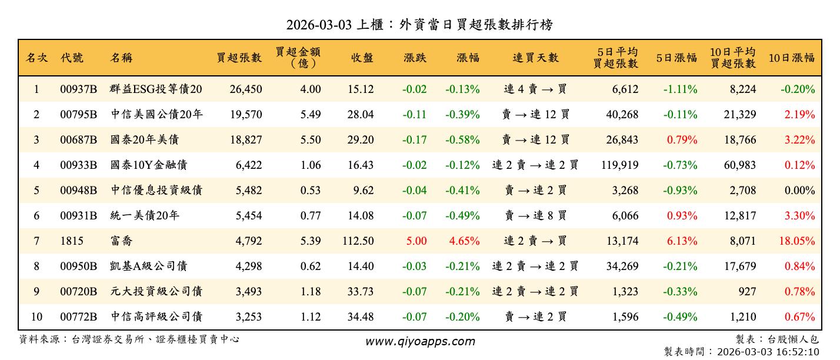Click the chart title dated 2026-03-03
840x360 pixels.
pyautogui.click(x=419, y=25)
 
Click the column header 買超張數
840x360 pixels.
pyautogui.click(x=239, y=58)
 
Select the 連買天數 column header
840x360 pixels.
pyautogui.click(x=535, y=58)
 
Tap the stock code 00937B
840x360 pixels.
pyautogui.click(x=78, y=89)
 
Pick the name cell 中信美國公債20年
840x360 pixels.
pyautogui.click(x=156, y=115)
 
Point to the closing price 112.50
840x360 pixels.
pyautogui.click(x=358, y=241)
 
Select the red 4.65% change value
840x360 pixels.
pyautogui.click(x=464, y=241)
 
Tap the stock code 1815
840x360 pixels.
pyautogui.click(x=72, y=241)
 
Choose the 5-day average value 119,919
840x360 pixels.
pyautogui.click(x=620, y=165)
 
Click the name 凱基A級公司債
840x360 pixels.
pyautogui.click(x=149, y=266)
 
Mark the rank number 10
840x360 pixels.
pyautogui.click(x=36, y=317)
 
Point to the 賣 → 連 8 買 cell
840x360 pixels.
pyautogui.click(x=535, y=216)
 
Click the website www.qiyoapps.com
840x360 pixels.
pyautogui.click(x=419, y=341)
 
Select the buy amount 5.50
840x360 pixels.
pyautogui.click(x=311, y=140)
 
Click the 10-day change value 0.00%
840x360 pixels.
pyautogui.click(x=799, y=191)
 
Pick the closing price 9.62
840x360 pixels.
pyautogui.click(x=362, y=191)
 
